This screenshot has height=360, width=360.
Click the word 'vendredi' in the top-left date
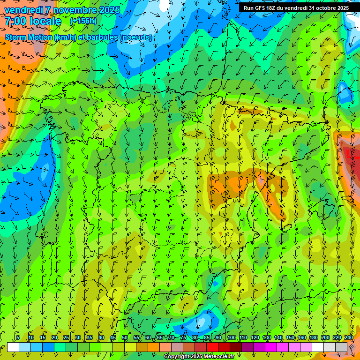(23, 10)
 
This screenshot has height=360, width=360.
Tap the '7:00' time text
(16, 21)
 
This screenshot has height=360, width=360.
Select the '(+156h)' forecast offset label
(83, 21)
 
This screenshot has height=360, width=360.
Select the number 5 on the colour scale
(18, 338)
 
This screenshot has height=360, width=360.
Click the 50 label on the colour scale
(125, 338)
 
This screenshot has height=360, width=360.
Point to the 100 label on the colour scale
(232, 338)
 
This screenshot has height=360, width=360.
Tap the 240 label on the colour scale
(349, 338)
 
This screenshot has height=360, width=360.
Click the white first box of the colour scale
(13, 347)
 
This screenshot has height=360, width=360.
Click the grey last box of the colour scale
(341, 347)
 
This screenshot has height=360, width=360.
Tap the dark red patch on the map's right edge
(352, 155)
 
